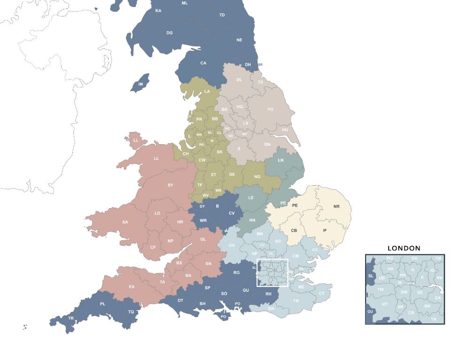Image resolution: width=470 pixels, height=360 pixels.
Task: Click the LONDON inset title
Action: tap(404, 248)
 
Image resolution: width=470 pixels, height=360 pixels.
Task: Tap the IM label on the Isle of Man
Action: tap(140, 84)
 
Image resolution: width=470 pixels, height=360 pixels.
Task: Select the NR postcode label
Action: tap(336, 206)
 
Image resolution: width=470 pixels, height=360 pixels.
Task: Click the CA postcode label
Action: tap(203, 63)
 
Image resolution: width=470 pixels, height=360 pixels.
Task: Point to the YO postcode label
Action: tap(270, 110)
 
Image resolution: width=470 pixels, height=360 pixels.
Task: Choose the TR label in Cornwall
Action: tap(71, 318)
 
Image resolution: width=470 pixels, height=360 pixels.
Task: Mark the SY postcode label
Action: tap(170, 185)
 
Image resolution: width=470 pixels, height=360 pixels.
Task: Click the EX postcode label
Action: tap(132, 286)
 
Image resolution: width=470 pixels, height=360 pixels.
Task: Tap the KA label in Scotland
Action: tap(158, 11)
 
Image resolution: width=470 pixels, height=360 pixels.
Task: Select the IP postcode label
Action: tap(324, 230)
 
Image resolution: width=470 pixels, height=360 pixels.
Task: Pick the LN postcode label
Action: tap(281, 160)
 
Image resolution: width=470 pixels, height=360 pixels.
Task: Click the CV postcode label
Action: tap(231, 213)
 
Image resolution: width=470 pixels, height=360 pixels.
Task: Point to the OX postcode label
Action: tap(231, 245)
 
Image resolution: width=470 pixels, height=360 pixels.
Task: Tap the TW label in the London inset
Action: tap(381, 290)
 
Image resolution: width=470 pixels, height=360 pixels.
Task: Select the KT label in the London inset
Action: tap(385, 304)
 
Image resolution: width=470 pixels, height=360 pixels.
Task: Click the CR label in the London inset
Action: tap(411, 313)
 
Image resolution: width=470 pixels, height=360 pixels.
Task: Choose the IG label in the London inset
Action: tap(432, 271)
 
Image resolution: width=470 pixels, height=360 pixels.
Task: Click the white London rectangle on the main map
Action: tap(272, 273)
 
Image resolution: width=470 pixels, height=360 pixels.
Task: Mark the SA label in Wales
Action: tap(125, 222)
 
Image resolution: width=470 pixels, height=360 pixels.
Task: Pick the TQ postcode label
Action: tap(131, 312)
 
